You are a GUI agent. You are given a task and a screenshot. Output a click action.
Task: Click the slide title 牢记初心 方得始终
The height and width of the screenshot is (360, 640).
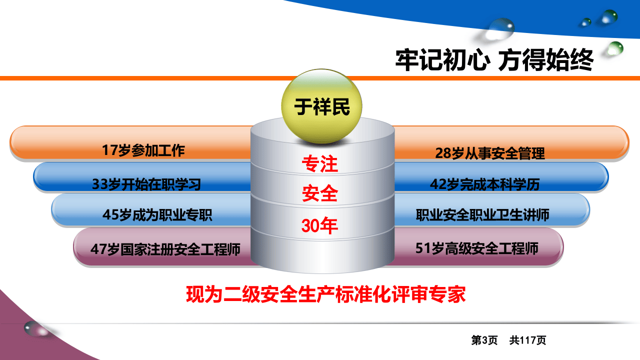click(494, 60)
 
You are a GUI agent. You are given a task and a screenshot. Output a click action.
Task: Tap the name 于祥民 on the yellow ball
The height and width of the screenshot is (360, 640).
click(322, 106)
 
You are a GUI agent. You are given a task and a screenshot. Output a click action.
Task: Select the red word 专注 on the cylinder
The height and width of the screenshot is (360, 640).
click(320, 163)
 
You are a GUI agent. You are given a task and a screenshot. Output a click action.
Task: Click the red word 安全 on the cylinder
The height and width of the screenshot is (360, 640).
click(320, 193)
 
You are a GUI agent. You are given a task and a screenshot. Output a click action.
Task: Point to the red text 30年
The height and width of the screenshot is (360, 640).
click(320, 226)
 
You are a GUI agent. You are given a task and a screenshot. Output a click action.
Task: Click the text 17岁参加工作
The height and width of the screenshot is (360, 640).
click(143, 150)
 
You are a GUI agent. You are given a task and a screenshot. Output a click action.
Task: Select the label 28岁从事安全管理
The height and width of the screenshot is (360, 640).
click(490, 153)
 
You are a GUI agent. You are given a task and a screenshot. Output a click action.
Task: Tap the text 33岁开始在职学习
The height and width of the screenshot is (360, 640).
click(146, 184)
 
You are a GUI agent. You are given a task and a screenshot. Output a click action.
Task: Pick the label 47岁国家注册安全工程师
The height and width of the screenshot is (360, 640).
click(165, 248)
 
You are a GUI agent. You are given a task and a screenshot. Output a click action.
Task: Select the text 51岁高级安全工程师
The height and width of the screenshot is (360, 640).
click(477, 248)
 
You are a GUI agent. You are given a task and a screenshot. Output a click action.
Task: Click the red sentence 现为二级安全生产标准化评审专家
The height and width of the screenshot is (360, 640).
click(326, 294)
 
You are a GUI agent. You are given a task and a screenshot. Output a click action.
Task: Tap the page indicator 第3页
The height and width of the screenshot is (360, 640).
click(484, 340)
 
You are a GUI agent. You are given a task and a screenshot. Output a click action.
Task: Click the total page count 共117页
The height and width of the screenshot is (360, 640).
click(528, 340)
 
